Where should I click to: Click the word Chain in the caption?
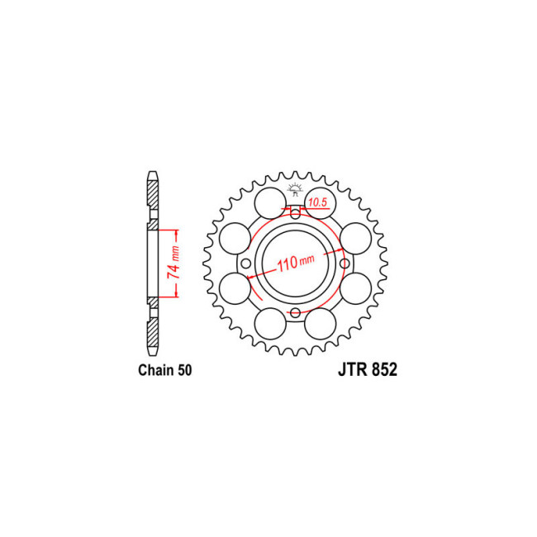156,370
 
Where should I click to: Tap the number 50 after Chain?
184,370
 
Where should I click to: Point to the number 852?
384,370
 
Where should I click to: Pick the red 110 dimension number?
287,264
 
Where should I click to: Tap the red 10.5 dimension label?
317,202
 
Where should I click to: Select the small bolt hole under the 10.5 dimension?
295,215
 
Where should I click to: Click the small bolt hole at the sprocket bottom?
295,312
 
